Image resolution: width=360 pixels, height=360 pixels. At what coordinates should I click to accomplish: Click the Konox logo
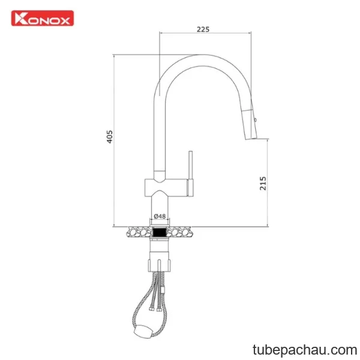pos(43,18)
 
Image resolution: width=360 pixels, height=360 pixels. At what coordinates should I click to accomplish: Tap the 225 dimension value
pos(203,29)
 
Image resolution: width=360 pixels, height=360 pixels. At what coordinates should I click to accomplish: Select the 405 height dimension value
pos(110,137)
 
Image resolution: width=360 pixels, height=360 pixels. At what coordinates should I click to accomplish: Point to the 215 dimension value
pos(263,183)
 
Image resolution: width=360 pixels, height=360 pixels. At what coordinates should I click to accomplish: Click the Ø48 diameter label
pos(160,216)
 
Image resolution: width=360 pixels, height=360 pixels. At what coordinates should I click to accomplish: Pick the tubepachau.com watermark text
pos(305,350)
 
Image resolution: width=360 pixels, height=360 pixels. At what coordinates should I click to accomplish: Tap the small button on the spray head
pos(256,119)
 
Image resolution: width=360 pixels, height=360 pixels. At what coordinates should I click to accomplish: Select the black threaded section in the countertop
pos(160,232)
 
